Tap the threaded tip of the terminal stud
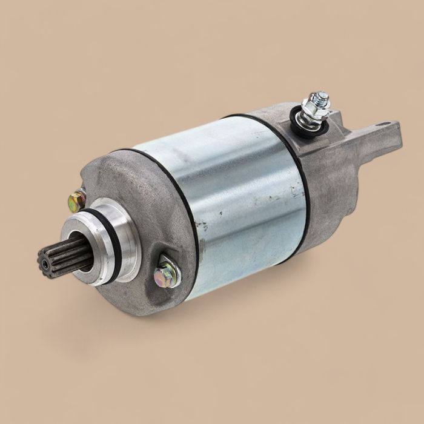pos(322,97)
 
